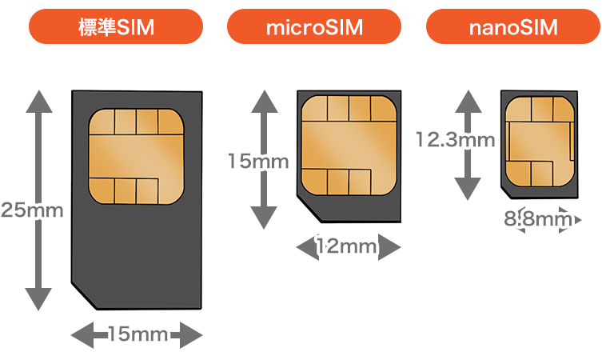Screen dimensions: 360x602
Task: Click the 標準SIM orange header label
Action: [114, 28]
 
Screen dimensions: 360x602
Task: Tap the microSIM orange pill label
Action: [314, 28]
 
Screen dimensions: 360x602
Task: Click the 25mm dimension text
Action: [32, 210]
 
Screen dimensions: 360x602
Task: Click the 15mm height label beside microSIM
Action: [259, 162]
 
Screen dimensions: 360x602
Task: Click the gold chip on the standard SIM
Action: [137, 155]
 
